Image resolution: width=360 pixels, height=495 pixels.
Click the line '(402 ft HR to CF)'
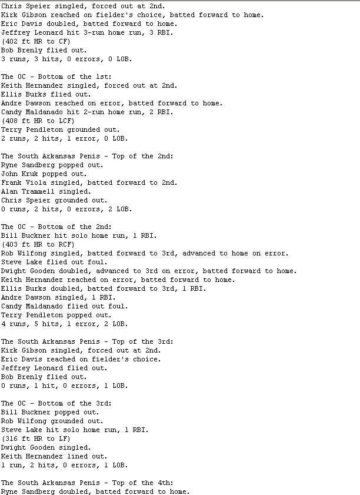coord(36,41)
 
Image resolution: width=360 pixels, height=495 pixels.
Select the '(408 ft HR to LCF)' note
coord(38,121)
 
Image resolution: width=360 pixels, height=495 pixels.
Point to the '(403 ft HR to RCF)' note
coord(38,244)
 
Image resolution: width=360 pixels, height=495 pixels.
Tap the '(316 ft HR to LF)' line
coord(36,438)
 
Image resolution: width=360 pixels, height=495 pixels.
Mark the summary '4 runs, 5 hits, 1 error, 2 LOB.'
coord(64,324)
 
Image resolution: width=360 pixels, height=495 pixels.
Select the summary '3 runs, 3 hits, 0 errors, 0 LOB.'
coord(66,59)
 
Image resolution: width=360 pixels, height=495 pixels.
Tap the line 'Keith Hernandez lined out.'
coord(54,456)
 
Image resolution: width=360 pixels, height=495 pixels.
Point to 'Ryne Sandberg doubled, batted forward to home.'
coord(95,491)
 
